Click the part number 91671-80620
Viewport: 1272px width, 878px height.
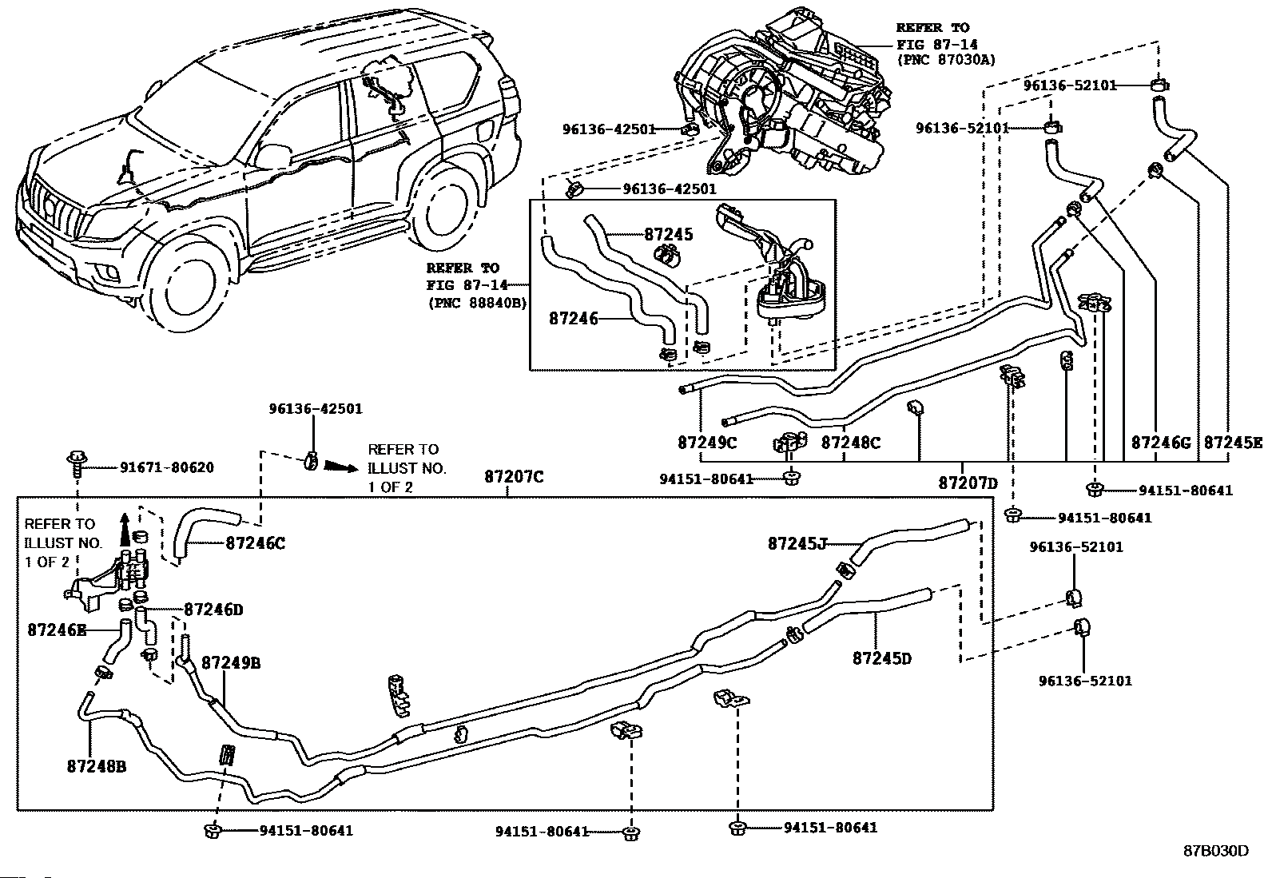167,467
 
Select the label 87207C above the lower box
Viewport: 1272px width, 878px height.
513,476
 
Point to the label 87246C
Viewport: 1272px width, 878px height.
256,543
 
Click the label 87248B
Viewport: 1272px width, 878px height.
97,767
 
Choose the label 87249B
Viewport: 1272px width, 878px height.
231,663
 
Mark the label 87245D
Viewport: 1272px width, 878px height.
882,658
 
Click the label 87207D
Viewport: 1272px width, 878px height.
968,483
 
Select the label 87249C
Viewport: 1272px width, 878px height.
707,443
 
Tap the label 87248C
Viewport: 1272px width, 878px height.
851,443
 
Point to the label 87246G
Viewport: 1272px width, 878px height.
1161,443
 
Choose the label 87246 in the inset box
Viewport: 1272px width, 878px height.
574,319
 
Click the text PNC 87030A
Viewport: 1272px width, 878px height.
946,60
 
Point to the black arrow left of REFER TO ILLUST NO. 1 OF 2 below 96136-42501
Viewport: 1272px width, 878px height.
341,467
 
